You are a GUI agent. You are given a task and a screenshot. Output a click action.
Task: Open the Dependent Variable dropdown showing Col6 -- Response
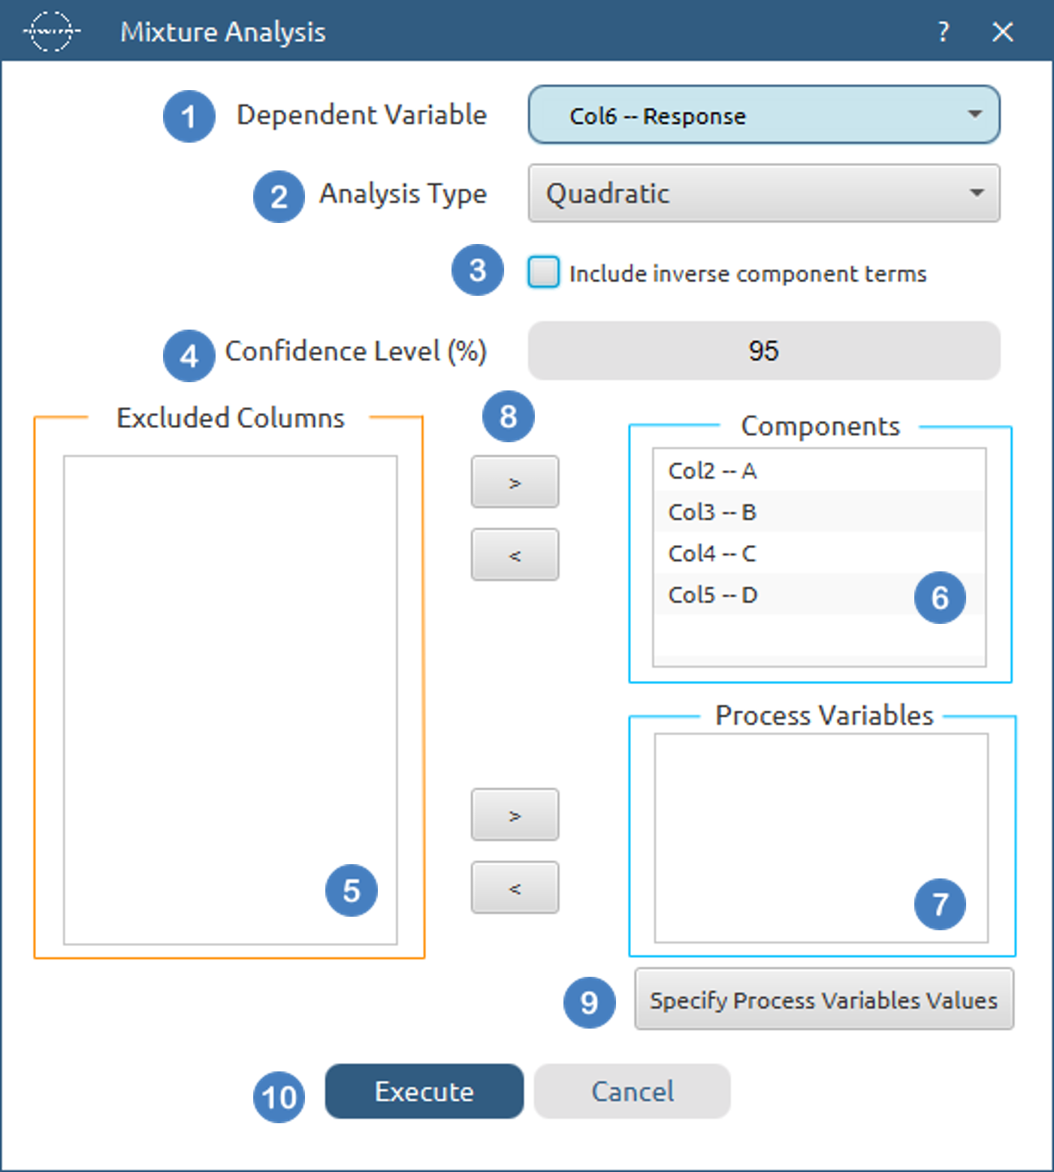click(764, 115)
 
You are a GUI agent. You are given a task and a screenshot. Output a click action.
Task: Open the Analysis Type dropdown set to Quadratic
click(764, 194)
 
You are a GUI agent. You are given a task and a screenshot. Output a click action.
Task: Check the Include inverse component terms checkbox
click(543, 272)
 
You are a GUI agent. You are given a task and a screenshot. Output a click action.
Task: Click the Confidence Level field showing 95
click(764, 351)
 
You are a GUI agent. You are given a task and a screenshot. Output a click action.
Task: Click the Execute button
click(424, 1091)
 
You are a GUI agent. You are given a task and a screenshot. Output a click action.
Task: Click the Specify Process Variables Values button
click(824, 999)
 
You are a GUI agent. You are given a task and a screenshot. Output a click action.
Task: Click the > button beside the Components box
click(515, 482)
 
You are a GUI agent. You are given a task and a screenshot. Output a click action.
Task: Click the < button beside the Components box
click(515, 555)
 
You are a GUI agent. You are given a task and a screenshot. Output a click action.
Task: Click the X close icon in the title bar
click(1003, 32)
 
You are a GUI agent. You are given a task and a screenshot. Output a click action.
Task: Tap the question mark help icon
click(944, 32)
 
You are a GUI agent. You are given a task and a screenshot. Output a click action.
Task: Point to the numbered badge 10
click(279, 1098)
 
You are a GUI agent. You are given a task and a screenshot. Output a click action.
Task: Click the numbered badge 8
click(509, 416)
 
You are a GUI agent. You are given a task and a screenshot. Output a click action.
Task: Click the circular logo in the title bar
click(51, 32)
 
